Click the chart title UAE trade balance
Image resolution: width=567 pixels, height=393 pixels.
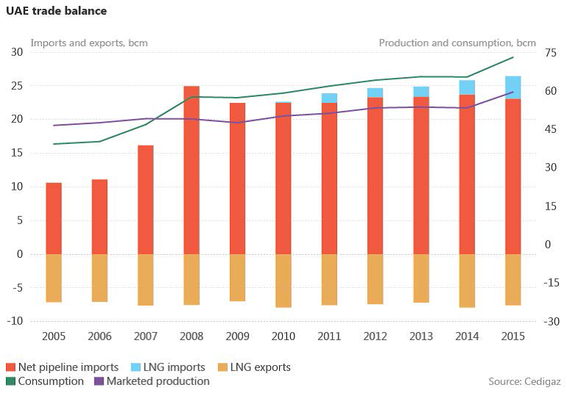57,11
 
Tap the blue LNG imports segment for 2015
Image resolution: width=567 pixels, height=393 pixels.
513,87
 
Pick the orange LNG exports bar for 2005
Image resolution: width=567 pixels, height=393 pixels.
54,278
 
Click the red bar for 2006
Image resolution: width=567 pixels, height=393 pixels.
100,217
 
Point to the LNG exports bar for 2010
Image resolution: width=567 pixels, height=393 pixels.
283,281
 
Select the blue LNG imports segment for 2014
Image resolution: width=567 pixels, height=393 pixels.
467,87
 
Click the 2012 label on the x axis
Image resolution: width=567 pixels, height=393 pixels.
375,336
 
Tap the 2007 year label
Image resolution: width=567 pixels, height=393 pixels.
145,336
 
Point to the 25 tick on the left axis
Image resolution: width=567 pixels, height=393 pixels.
15,86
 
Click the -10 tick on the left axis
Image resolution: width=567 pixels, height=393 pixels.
15,321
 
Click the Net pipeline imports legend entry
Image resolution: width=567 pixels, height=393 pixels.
62,367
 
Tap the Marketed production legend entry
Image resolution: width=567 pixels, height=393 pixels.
151,381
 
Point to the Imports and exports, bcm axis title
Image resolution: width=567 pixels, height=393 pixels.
89,43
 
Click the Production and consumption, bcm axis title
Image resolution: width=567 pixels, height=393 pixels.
457,43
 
